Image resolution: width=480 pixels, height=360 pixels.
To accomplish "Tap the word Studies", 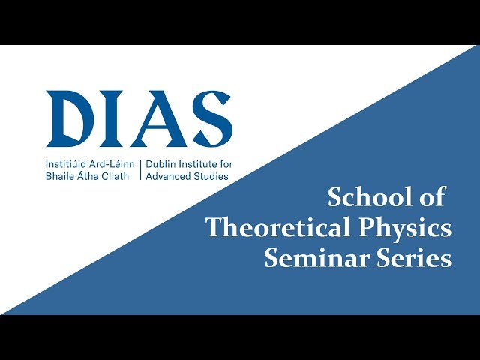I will tap(212, 176).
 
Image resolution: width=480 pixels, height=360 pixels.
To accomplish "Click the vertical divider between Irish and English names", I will tap(140, 169).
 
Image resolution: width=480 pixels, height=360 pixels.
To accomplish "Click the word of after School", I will tap(432, 197).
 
